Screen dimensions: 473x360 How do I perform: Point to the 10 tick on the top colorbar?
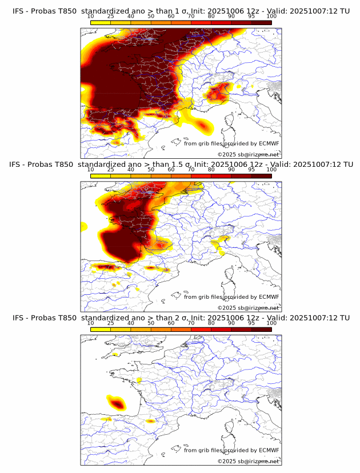[91, 16]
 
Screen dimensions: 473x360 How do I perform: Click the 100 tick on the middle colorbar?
[271, 170]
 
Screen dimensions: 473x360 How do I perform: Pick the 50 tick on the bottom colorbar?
[151, 323]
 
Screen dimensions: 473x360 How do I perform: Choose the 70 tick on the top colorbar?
[191, 16]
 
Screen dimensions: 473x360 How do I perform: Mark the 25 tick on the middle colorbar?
[111, 170]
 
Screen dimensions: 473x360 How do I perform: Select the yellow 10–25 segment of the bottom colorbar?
[101, 329]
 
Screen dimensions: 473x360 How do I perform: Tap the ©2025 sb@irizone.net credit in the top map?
[248, 154]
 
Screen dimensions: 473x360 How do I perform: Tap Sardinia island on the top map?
[230, 137]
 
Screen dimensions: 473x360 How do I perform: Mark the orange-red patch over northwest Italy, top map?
[218, 91]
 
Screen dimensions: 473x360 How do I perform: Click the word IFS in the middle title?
[18, 164]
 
